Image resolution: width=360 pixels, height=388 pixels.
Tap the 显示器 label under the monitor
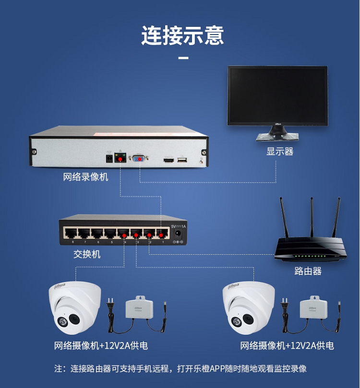coord(280,152)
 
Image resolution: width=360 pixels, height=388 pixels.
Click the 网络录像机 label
coord(86,177)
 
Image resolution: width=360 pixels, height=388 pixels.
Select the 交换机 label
coord(87,254)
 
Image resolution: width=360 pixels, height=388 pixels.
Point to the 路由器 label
coord(308,271)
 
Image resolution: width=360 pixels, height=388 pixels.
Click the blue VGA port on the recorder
coord(140,158)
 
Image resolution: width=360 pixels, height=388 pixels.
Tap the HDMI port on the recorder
coord(168,159)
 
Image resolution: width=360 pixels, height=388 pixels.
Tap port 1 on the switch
coord(163,234)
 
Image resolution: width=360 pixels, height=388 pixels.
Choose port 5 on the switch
coord(111,234)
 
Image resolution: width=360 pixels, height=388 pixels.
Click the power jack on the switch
coord(178,234)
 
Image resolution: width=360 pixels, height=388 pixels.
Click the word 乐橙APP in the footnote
coord(210,369)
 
